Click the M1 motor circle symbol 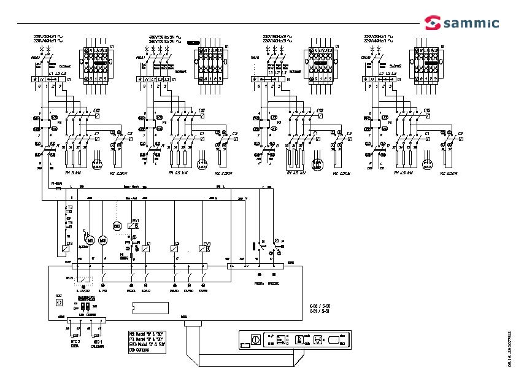(x=90, y=239)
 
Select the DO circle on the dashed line (x=118, y=225)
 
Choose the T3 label (x=69, y=208)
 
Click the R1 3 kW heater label (x=67, y=174)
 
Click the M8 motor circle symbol (x=103, y=239)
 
